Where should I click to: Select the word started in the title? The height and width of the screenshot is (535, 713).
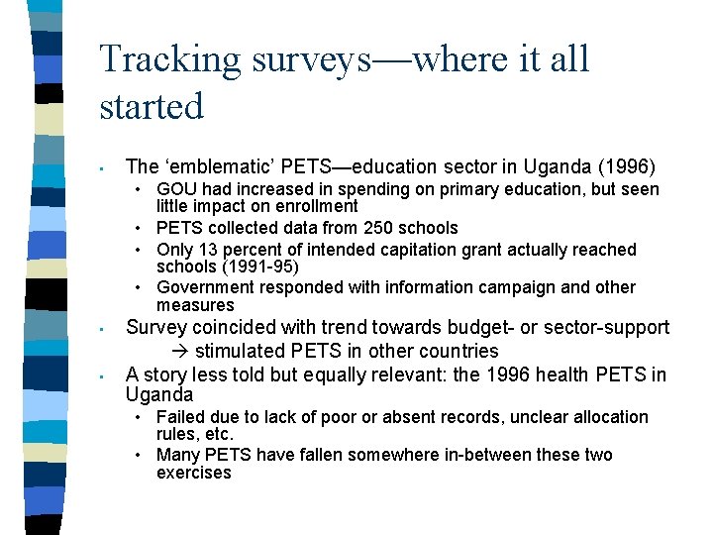click(x=152, y=105)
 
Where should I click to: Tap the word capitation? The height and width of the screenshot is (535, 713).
click(x=420, y=250)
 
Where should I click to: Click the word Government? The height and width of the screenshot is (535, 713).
click(x=204, y=287)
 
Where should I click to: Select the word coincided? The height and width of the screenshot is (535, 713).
click(x=230, y=327)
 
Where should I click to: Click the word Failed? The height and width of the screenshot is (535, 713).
click(x=178, y=417)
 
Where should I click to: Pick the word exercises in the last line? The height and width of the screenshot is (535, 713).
click(x=194, y=473)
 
